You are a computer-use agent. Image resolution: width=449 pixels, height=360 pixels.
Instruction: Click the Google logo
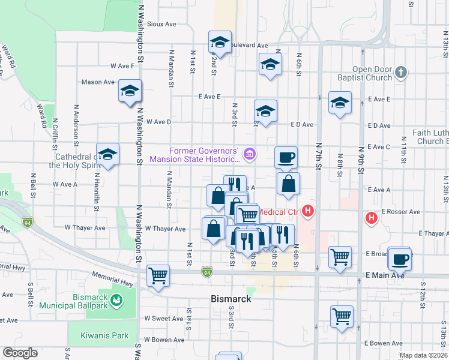(20, 353)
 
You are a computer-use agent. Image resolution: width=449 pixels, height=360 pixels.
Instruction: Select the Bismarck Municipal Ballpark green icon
(118, 299)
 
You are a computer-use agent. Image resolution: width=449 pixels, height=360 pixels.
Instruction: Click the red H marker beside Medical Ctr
(309, 211)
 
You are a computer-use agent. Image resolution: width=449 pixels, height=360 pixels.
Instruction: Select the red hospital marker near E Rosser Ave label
(372, 217)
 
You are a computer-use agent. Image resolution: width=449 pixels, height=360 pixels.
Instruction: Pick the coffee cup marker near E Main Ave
(400, 259)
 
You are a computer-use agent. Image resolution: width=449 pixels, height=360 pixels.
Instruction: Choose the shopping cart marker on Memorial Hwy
(158, 275)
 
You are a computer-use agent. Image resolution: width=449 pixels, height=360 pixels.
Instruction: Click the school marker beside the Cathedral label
(108, 154)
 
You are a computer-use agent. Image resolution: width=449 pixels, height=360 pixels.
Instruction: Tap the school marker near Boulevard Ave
(220, 42)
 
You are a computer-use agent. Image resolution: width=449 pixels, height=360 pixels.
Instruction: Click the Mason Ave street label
(98, 82)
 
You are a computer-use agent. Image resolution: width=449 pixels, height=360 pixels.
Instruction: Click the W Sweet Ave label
(164, 319)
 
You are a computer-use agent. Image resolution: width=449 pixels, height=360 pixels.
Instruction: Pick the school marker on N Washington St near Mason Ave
(130, 91)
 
